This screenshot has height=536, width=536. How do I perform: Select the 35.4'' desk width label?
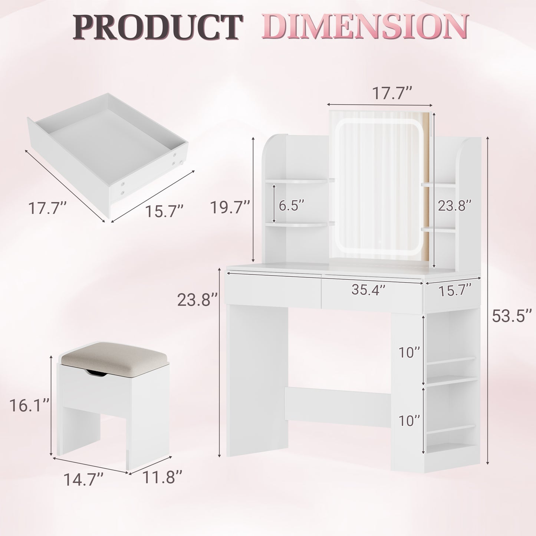click(369, 290)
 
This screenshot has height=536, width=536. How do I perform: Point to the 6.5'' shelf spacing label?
click(292, 205)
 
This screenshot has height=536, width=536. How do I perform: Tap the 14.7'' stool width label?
click(83, 479)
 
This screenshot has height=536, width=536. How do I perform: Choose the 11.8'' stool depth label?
click(162, 477)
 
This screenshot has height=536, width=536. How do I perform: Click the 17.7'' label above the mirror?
click(392, 93)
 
